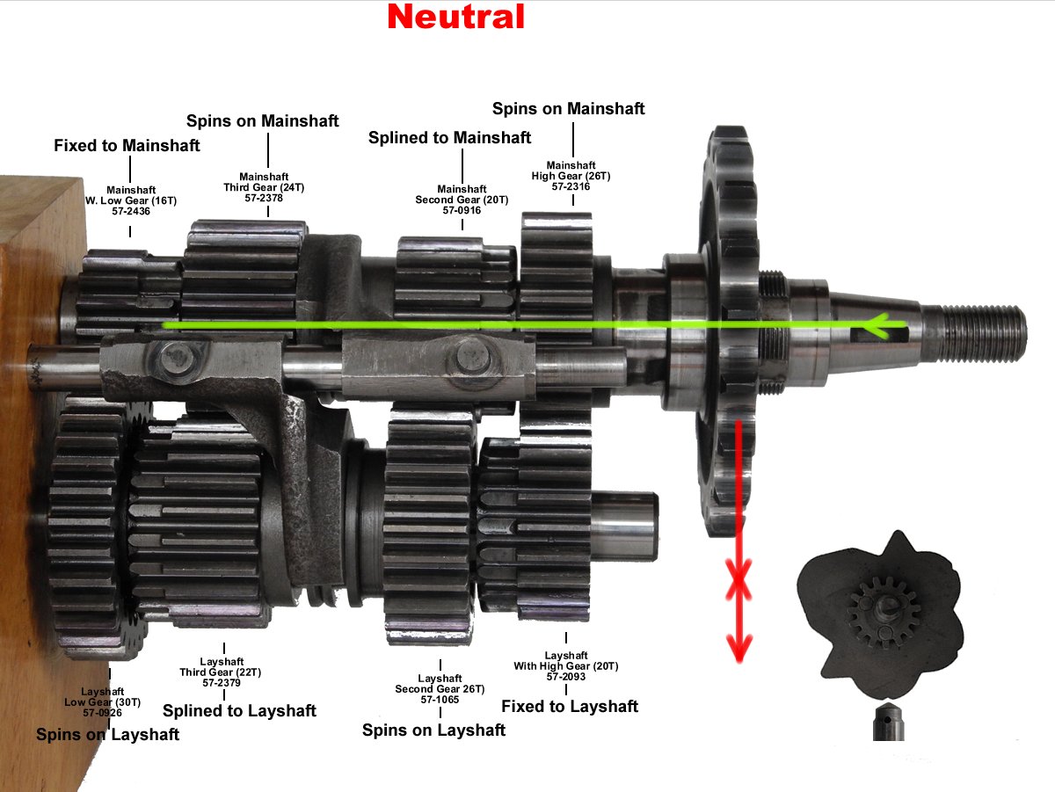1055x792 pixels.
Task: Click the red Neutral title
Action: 455,17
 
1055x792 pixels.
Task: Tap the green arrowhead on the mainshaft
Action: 874,328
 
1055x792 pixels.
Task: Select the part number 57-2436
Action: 130,211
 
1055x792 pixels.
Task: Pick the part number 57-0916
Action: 462,210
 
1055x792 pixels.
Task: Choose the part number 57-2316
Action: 572,186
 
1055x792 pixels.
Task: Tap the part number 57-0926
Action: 103,712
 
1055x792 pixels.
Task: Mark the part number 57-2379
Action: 223,682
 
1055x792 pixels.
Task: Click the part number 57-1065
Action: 440,700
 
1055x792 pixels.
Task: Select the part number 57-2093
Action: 566,677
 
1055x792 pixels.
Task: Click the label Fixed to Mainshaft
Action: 127,145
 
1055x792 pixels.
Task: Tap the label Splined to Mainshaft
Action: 449,137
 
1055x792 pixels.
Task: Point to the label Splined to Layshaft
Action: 239,710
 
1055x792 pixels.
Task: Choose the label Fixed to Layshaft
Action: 570,706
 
